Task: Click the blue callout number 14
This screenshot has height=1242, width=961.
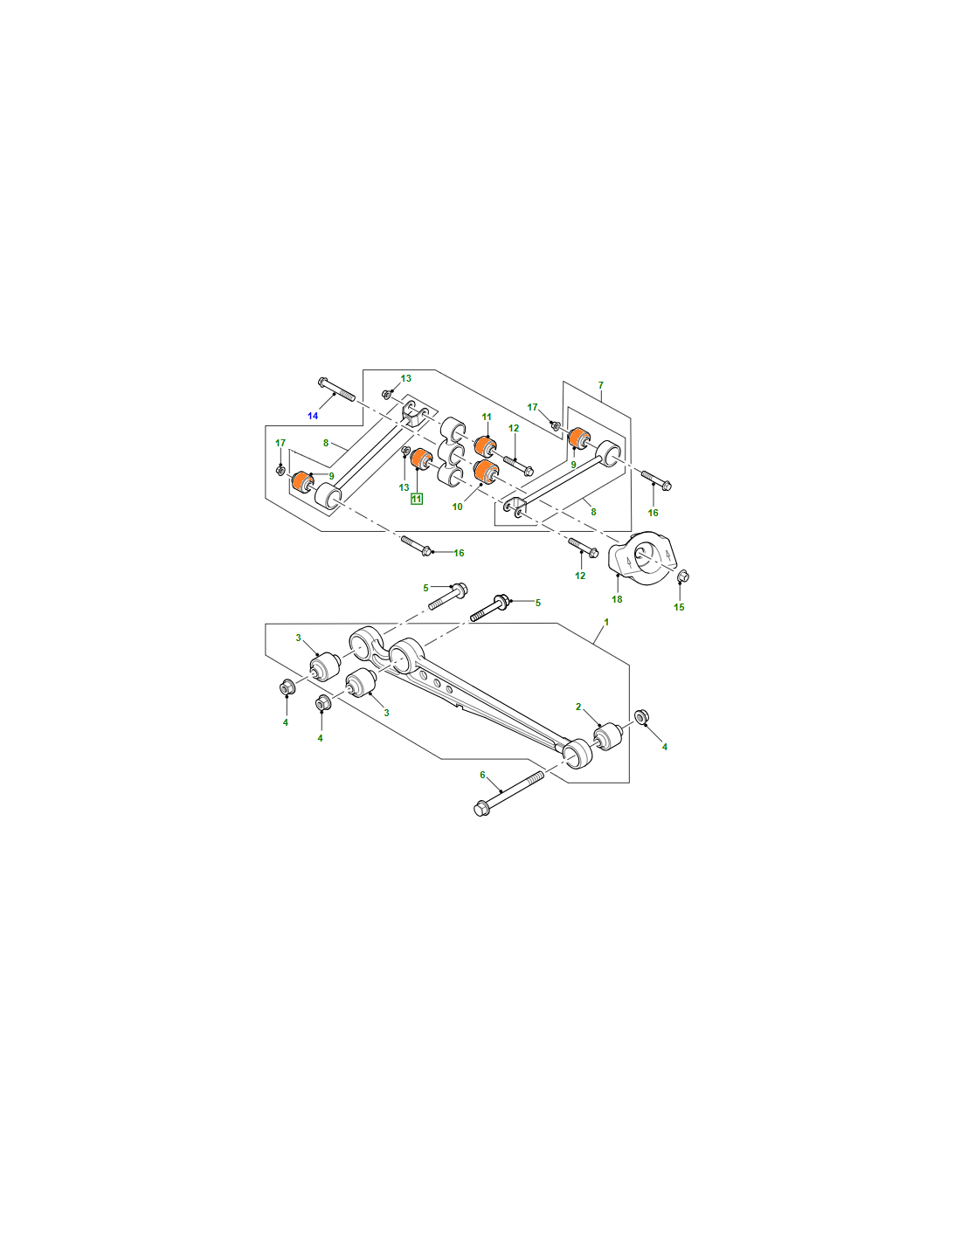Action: pos(313,416)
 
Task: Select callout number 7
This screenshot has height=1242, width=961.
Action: pos(601,385)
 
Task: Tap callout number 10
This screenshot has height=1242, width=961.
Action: pos(457,507)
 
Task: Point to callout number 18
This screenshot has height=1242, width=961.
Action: pos(617,599)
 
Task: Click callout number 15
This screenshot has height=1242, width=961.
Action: pos(679,607)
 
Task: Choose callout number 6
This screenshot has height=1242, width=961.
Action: pos(482,775)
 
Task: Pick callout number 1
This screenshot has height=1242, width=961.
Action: pos(606,622)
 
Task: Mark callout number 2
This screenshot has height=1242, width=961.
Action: pos(578,707)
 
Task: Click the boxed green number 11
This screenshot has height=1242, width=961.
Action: pos(416,499)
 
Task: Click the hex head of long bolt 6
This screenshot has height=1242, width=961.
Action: pos(482,810)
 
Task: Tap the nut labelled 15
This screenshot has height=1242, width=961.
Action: pos(682,576)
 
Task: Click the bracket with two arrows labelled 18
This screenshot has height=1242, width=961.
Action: pos(640,559)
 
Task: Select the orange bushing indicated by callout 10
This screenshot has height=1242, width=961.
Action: pos(487,471)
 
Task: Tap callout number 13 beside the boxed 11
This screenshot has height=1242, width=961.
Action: pos(404,487)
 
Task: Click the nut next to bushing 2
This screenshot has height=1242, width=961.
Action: pos(641,716)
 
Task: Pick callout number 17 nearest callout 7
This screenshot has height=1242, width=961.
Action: pos(532,407)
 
